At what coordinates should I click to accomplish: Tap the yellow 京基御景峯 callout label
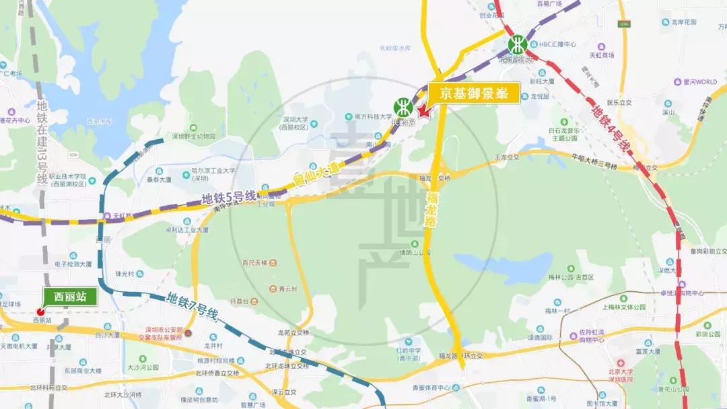point(474,94)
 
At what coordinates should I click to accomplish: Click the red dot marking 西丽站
point(40,311)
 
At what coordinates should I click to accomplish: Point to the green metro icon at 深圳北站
point(517,45)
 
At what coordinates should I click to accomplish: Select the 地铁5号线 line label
point(230,198)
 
